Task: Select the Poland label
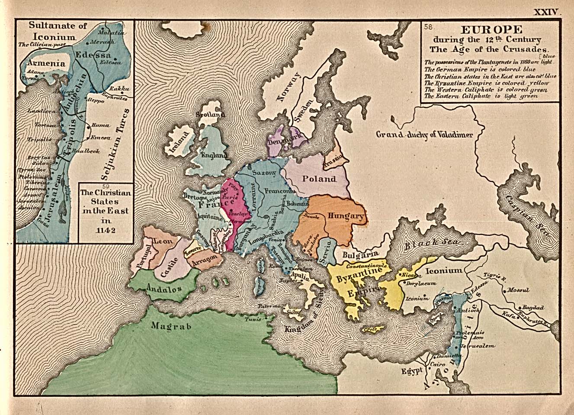319,179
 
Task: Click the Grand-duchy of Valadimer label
424,135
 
